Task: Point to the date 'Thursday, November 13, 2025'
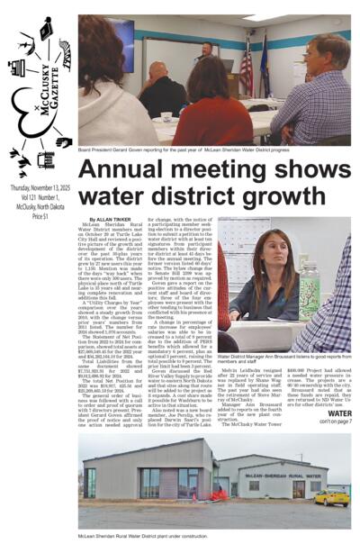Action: click(x=40, y=187)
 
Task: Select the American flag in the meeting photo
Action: click(x=246, y=68)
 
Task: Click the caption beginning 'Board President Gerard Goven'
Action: click(x=180, y=152)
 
